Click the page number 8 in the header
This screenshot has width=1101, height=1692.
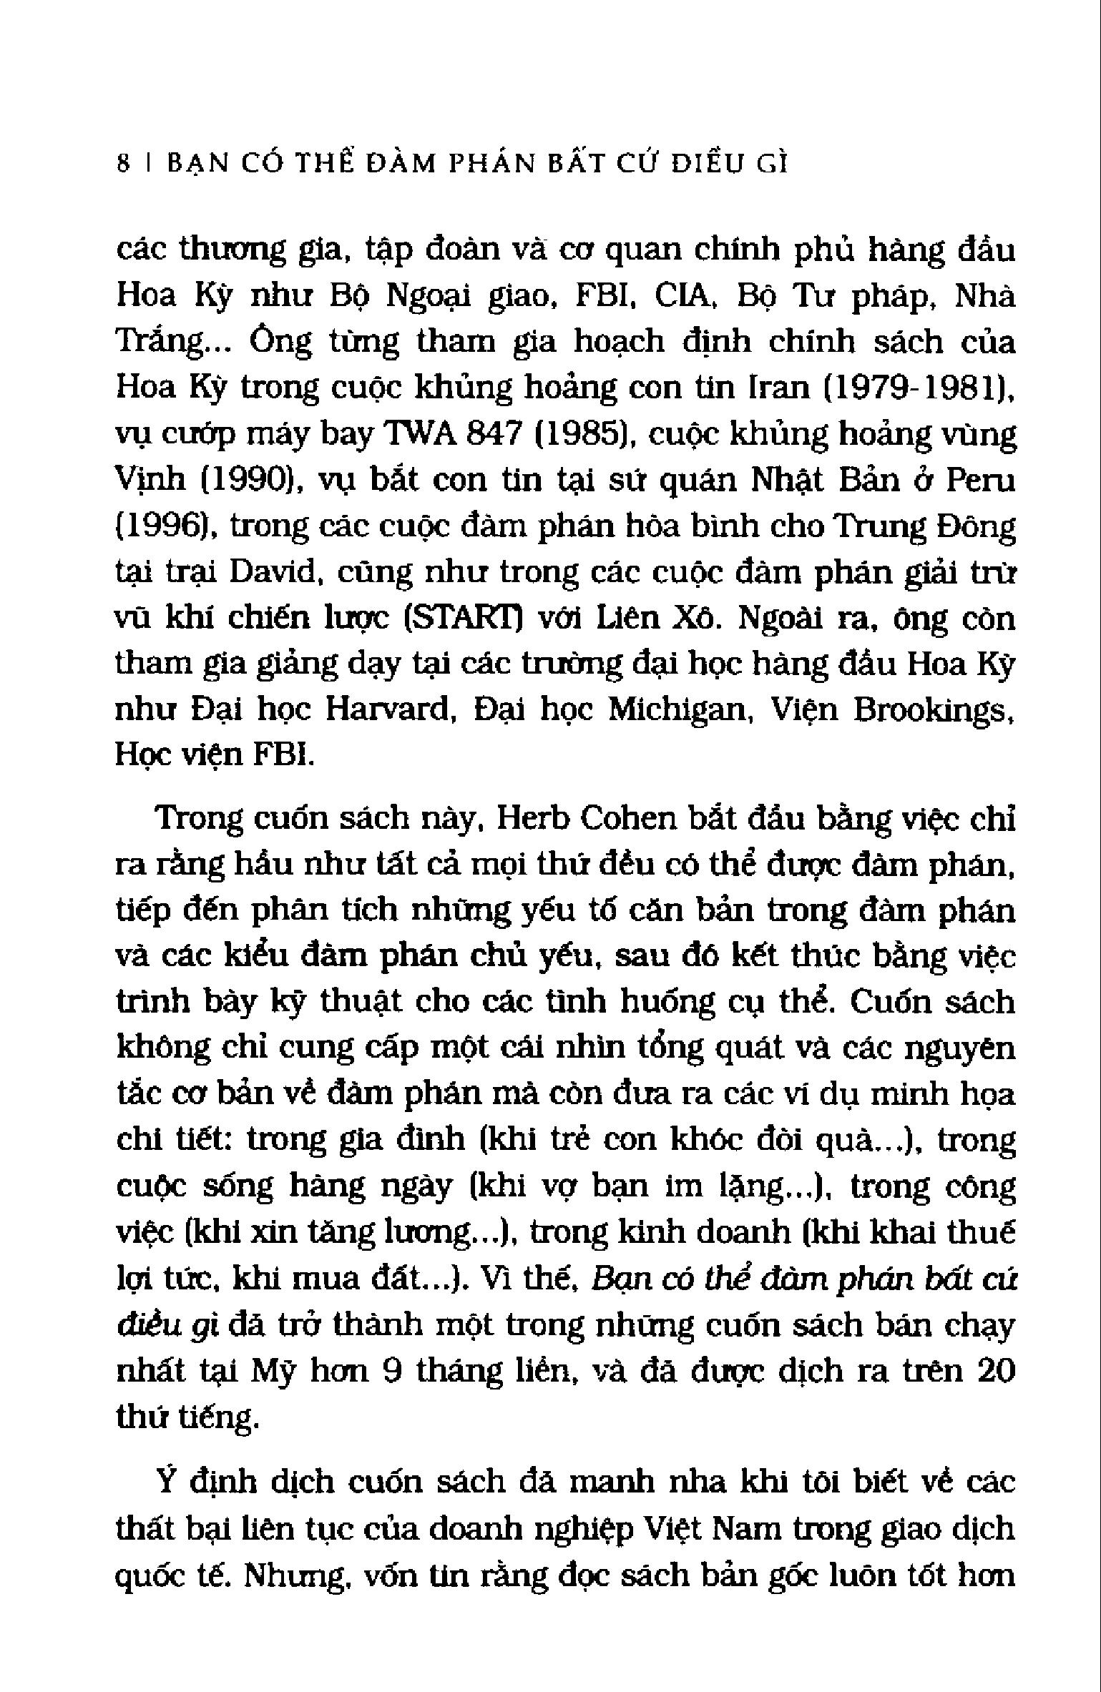tap(123, 164)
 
